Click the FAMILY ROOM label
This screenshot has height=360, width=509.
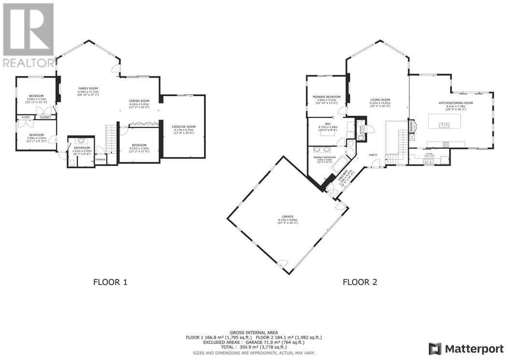[x=88, y=88]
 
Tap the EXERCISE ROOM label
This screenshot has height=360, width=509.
[x=184, y=127]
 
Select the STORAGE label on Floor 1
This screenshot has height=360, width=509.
[x=100, y=159]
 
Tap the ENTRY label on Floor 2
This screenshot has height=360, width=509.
[x=373, y=155]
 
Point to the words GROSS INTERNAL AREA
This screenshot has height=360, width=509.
[x=254, y=332]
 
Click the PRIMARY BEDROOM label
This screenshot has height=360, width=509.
[x=326, y=97]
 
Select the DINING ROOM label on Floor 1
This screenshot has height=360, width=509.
[x=139, y=101]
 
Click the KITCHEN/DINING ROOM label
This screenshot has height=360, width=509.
[x=455, y=103]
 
